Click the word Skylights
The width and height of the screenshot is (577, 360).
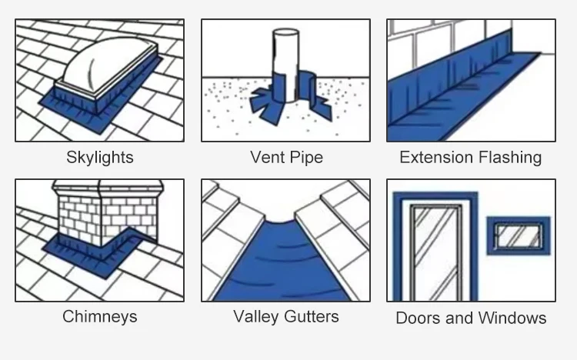(x=99, y=158)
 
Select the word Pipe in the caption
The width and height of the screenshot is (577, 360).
(x=306, y=158)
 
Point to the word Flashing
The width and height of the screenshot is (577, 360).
(x=509, y=158)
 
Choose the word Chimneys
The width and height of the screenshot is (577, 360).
(x=99, y=316)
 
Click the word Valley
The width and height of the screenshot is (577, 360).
(x=258, y=316)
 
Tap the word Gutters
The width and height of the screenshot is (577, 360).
(x=312, y=316)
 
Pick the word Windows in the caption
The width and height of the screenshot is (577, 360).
(x=513, y=318)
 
